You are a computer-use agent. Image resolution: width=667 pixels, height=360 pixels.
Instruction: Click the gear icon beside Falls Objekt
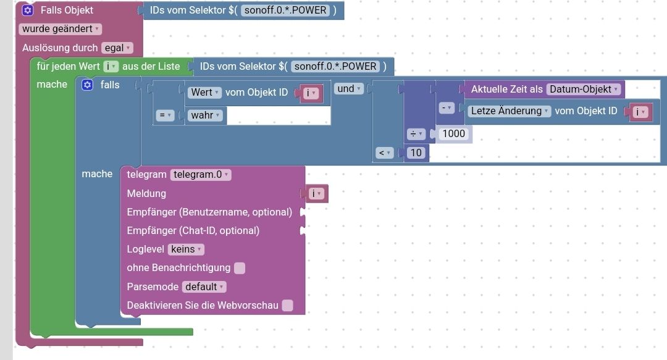coord(28,10)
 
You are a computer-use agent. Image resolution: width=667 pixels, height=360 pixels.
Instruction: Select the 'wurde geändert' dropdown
coord(60,29)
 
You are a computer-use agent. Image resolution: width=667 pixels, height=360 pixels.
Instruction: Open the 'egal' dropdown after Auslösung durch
coord(117,48)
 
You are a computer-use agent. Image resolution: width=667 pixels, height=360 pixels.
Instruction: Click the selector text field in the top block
coord(285,10)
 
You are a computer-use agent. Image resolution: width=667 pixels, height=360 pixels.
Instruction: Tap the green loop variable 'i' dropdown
coord(111,67)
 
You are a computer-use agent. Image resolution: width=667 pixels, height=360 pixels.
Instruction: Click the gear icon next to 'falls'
coord(87,85)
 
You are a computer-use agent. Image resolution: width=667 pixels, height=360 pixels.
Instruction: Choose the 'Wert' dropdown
coord(204,93)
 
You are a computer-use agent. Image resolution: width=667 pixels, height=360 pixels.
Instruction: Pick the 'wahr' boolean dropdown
coord(205,115)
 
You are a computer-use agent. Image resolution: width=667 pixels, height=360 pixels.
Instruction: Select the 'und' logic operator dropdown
coord(349,88)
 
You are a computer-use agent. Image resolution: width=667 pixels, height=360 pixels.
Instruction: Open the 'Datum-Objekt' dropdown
coord(584,89)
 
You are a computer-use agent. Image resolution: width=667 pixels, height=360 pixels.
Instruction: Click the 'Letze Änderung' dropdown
coord(509,111)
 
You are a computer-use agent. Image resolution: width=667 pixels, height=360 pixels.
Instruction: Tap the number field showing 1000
coord(453,133)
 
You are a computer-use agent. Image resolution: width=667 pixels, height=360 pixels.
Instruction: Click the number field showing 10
coord(416,153)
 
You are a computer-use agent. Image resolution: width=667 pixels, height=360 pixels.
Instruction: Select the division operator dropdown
coord(416,134)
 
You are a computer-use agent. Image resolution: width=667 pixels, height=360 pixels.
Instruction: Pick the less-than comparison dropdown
coord(384,153)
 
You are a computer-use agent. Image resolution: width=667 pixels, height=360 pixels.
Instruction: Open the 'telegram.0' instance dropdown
coord(200,175)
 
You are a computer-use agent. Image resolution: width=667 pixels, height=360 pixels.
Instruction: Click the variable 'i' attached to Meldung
coord(316,194)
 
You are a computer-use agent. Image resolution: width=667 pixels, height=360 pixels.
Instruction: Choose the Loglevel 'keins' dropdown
coord(186,249)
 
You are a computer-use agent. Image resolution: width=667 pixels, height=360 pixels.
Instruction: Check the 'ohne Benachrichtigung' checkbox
coord(240,268)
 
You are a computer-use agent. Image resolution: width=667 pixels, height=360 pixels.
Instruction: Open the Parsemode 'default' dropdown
coord(204,287)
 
